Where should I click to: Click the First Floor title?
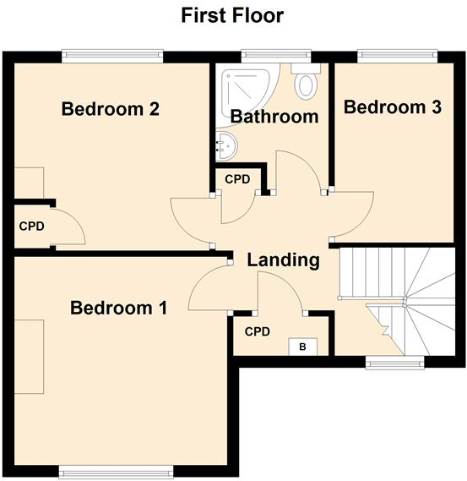coord(233,15)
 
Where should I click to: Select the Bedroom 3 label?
coord(393,107)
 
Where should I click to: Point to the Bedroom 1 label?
coord(118,308)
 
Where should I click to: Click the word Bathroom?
coord(274,117)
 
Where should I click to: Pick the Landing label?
coord(283,260)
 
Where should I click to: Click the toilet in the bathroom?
coord(306,84)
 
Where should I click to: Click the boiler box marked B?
coord(301,347)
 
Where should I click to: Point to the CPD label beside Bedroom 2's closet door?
coord(31,227)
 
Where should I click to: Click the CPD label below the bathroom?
coord(237,179)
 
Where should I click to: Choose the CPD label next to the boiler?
coord(258,331)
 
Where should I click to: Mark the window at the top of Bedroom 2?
coord(112,57)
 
